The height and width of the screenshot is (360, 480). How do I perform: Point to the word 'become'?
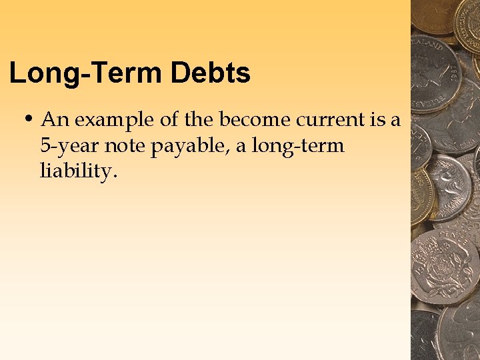[x=255, y=120]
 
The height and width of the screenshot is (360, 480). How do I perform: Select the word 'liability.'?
[x=79, y=171]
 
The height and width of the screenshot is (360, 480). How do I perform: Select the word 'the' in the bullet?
[x=199, y=120]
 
